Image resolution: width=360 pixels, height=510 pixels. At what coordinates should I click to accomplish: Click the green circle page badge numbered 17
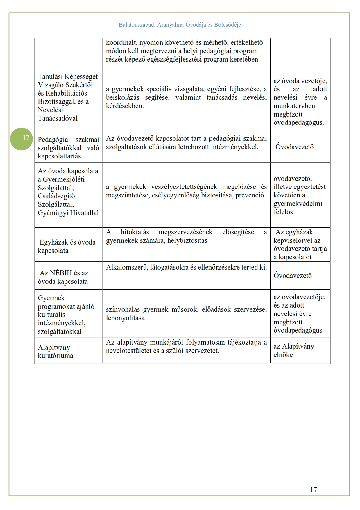22,139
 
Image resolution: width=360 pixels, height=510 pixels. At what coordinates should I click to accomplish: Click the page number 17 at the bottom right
313,489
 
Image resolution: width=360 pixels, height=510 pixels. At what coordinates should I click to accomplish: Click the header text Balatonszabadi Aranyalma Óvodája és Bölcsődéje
180,25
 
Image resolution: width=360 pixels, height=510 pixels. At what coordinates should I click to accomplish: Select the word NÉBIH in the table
61,273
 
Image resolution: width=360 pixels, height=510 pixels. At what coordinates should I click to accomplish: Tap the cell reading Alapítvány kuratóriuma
55,351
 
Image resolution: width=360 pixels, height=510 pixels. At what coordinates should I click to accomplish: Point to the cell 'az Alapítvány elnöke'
293,350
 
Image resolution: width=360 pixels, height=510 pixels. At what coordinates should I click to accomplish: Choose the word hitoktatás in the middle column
135,232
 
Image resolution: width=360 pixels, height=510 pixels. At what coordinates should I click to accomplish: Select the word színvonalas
123,309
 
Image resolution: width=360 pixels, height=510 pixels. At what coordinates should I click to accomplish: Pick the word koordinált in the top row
121,42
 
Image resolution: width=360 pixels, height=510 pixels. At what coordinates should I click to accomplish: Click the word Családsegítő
56,196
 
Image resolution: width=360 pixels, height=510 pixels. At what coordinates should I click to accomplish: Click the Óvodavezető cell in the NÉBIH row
292,275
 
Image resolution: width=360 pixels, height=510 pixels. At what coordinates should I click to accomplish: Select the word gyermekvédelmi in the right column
298,204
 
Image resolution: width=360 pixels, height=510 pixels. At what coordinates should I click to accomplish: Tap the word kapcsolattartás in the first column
59,156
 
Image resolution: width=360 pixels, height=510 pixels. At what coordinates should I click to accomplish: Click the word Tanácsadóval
58,118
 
